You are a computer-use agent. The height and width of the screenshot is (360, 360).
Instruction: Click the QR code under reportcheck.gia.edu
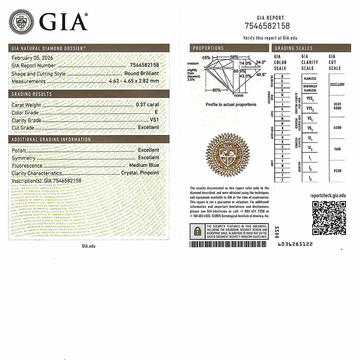329,218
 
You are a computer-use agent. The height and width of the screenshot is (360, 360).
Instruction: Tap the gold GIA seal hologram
228,155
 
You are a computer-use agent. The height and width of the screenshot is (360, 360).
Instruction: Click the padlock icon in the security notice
197,231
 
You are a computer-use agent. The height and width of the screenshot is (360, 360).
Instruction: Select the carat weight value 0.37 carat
147,105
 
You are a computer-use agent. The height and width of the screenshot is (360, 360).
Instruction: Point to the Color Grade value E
156,113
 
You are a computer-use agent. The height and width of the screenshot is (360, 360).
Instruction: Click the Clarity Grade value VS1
154,120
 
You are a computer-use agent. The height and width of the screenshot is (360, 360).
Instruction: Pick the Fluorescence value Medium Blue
144,165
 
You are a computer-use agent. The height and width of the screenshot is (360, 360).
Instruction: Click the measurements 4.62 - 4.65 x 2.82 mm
134,81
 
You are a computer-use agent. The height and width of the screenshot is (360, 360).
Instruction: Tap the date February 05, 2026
30,58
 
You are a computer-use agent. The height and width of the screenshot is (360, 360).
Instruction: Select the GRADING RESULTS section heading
32,94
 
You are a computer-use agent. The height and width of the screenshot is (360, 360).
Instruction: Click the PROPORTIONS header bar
229,48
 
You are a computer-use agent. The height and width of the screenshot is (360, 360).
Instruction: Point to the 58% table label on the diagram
234,57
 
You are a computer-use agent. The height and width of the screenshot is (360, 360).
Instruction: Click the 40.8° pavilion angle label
261,75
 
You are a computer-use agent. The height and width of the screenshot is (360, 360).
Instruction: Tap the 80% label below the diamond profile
216,90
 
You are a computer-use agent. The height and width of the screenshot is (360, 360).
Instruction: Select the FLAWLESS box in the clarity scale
310,78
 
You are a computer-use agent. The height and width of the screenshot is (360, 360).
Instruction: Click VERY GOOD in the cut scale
337,106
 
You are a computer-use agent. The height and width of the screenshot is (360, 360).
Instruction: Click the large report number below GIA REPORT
267,26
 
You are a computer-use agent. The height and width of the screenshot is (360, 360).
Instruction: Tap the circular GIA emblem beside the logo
22,22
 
